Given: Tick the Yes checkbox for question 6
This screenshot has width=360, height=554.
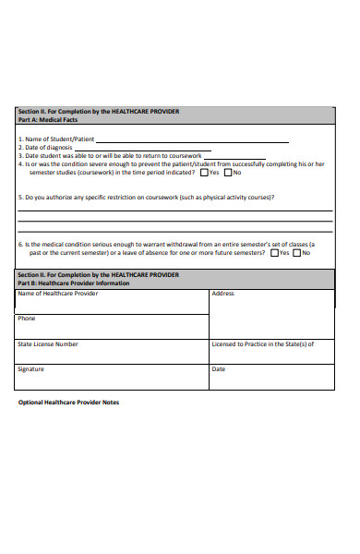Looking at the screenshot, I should pos(273,252).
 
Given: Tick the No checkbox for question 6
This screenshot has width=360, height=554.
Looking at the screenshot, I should pos(297,252).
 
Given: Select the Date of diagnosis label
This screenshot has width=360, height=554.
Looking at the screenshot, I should pos(46,149).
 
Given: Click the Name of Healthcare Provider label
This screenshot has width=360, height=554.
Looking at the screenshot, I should pos(57,294).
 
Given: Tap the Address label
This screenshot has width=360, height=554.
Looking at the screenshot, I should pos(222,294).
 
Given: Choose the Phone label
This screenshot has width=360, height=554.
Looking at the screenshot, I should pos(26,319).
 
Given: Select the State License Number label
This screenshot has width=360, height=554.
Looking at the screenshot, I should pos(48,344).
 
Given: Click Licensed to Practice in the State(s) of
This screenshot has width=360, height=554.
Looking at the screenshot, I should pos(263,344).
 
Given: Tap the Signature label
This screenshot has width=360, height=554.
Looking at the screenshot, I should pos(30,369).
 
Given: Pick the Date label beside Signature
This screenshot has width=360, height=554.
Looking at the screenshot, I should pos(219,369).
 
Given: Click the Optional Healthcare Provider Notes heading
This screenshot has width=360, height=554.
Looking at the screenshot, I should pos(69,403).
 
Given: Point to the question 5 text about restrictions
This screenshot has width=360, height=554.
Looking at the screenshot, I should pos(148,197).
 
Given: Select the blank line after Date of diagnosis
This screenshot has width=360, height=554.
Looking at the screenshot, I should pos(138,150).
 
